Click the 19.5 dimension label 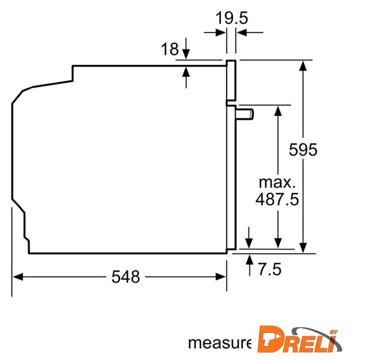click(232, 18)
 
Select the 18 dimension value click(170, 49)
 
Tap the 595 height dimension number click(303, 150)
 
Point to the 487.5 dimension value click(277, 199)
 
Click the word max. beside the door click(277, 183)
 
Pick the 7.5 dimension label click(270, 269)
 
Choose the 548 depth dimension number click(125, 277)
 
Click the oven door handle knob click(245, 114)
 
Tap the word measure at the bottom click(220, 343)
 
